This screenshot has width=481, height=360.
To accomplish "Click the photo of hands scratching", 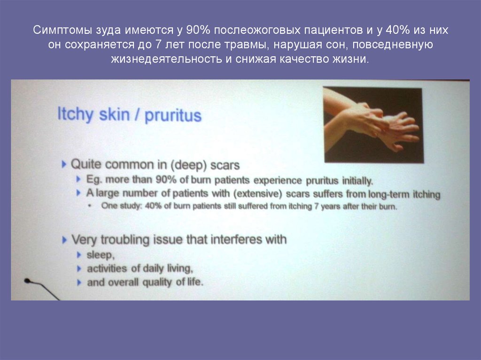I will coord(373,125).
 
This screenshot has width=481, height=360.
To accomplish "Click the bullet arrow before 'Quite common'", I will coord(64,165).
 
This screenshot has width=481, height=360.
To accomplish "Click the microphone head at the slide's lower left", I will coord(27,281).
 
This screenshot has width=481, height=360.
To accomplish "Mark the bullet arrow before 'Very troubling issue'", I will coord(64,240).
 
